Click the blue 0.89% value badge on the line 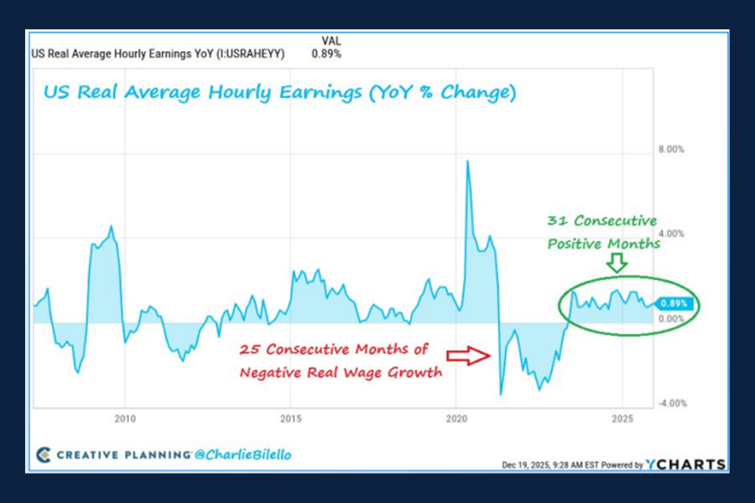pos(674,304)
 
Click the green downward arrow pos(617,264)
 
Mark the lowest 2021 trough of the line pos(500,394)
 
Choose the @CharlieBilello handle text pos(243,455)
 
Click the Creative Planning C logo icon pos(44,455)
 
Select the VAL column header pos(332,40)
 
